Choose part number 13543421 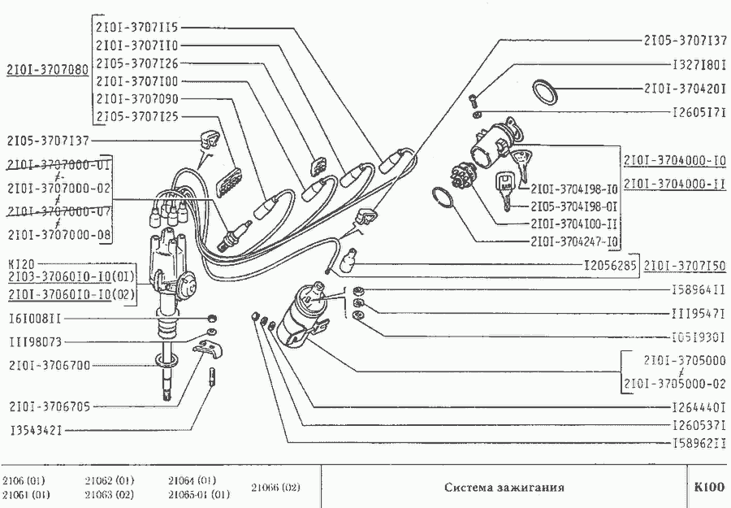click(x=37, y=428)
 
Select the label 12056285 click(x=612, y=265)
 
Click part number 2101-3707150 click(x=685, y=265)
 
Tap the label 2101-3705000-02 click(x=674, y=383)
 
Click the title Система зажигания click(x=504, y=488)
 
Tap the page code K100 click(x=708, y=488)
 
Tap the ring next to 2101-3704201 click(x=546, y=91)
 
